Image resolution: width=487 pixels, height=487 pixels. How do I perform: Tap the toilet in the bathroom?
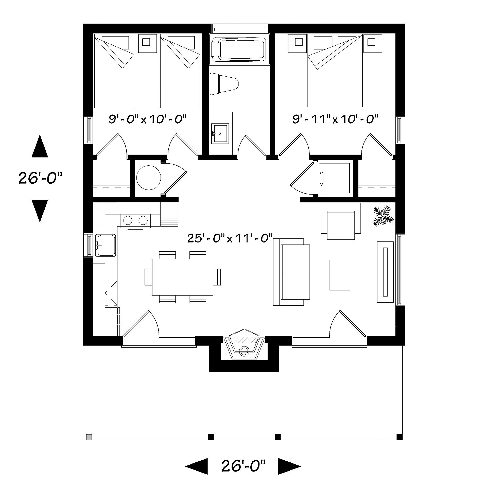224,84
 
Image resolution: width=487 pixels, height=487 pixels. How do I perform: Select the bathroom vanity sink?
220,133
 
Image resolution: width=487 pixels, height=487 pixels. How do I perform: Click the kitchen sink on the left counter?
106,245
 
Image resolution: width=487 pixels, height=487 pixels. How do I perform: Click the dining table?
182,277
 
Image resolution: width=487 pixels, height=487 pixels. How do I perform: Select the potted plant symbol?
383,216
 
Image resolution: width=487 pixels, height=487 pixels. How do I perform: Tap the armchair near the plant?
341,221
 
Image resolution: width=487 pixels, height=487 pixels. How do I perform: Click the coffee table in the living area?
340,275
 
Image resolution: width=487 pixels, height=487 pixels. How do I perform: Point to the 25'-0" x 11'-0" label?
230,238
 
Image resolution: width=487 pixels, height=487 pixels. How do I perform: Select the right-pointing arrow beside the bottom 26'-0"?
290,466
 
